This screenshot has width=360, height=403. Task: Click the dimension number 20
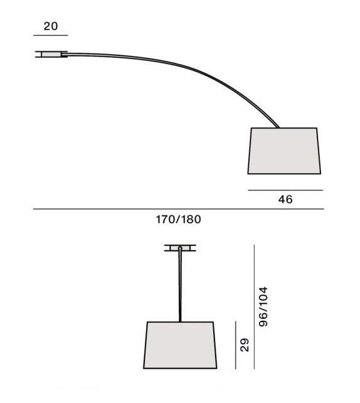click(51, 26)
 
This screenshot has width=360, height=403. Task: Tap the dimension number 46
click(285, 200)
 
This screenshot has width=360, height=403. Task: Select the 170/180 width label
click(179, 220)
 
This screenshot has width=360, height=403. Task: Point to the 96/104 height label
click(263, 307)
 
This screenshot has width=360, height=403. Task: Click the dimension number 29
click(245, 345)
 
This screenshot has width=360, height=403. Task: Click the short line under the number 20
click(51, 35)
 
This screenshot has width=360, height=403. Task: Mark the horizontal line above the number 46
click(285, 190)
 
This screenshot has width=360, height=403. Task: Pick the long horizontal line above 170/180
click(179, 209)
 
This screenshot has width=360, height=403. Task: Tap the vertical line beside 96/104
click(254, 307)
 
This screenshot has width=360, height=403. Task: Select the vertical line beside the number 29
click(235, 345)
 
